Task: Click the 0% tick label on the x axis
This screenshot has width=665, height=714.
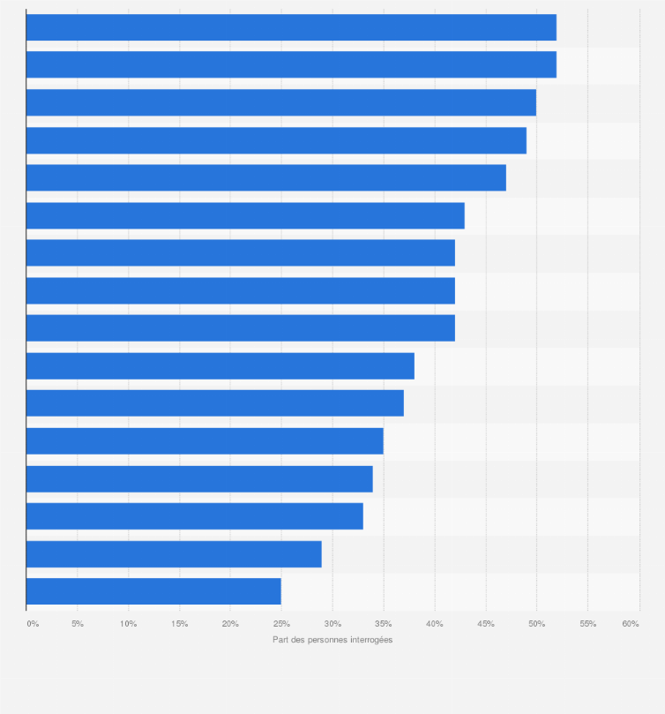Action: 33,624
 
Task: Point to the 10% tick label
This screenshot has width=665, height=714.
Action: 128,624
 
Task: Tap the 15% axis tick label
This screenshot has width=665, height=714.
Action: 179,624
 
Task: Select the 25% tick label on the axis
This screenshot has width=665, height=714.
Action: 281,624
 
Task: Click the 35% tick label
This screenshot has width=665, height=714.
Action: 383,624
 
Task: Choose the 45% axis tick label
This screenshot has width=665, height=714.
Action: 485,624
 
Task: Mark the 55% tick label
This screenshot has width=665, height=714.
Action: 587,624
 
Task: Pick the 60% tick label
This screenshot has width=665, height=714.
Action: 631,624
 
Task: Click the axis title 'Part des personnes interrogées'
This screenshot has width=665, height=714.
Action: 332,640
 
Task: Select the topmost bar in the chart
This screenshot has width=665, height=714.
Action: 291,27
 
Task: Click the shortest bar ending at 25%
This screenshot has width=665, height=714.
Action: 153,591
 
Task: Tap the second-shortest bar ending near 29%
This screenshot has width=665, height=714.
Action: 174,554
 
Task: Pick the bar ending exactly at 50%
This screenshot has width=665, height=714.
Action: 280,102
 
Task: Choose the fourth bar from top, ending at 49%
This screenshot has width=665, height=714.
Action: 276,140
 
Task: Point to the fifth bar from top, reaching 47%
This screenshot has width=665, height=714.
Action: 265,177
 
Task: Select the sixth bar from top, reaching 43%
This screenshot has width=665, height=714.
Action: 245,215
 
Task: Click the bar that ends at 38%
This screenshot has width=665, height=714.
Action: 220,365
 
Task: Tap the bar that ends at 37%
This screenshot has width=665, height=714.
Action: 214,403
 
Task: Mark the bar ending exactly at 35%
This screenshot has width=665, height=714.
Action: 205,441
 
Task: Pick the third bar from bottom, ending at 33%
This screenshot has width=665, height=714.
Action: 194,516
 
